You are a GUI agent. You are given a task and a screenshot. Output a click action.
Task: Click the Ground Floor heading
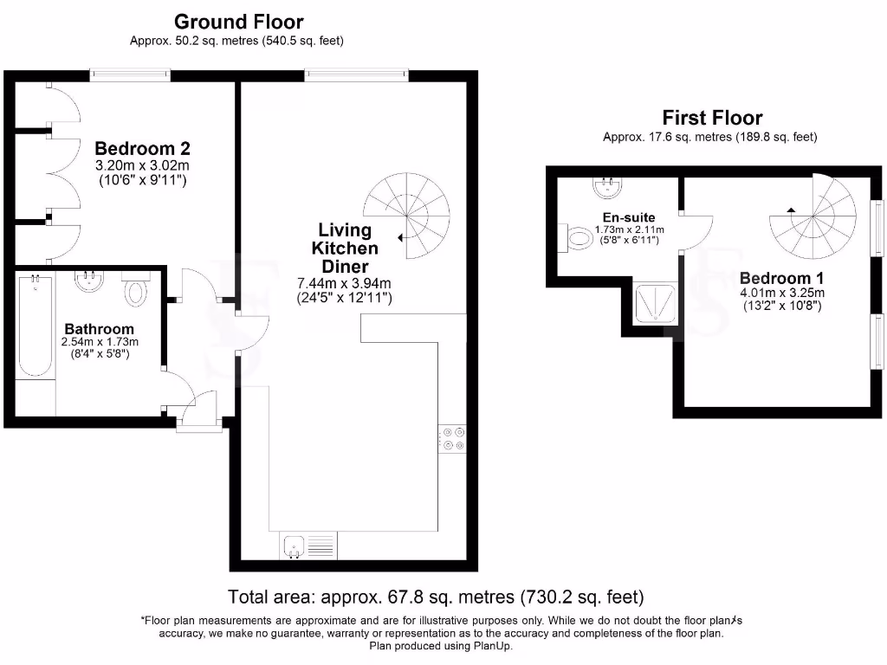pyautogui.click(x=239, y=21)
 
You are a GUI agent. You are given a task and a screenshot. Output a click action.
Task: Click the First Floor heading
pyautogui.click(x=711, y=117)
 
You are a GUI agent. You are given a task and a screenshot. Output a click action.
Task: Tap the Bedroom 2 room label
pyautogui.click(x=142, y=148)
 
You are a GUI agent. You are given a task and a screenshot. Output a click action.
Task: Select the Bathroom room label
pyautogui.click(x=100, y=329)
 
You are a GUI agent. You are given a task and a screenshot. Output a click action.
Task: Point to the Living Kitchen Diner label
pyautogui.click(x=345, y=249)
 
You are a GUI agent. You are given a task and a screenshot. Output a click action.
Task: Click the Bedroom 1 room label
pyautogui.click(x=782, y=278)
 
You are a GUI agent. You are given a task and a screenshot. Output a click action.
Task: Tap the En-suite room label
pyautogui.click(x=629, y=217)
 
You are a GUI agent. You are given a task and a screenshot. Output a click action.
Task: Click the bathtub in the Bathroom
pyautogui.click(x=35, y=325)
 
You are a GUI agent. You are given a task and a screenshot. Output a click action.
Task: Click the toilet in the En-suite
pyautogui.click(x=578, y=236)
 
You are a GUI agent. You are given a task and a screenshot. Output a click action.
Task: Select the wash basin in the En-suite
pyautogui.click(x=606, y=184)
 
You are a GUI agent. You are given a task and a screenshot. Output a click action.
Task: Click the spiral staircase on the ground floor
pyautogui.click(x=409, y=214)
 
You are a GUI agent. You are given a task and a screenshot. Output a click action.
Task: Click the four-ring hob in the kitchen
pyautogui.click(x=453, y=439)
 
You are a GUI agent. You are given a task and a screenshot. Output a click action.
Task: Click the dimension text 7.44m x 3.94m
pyautogui.click(x=345, y=283)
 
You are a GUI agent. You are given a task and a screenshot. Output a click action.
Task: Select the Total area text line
pyautogui.click(x=436, y=597)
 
